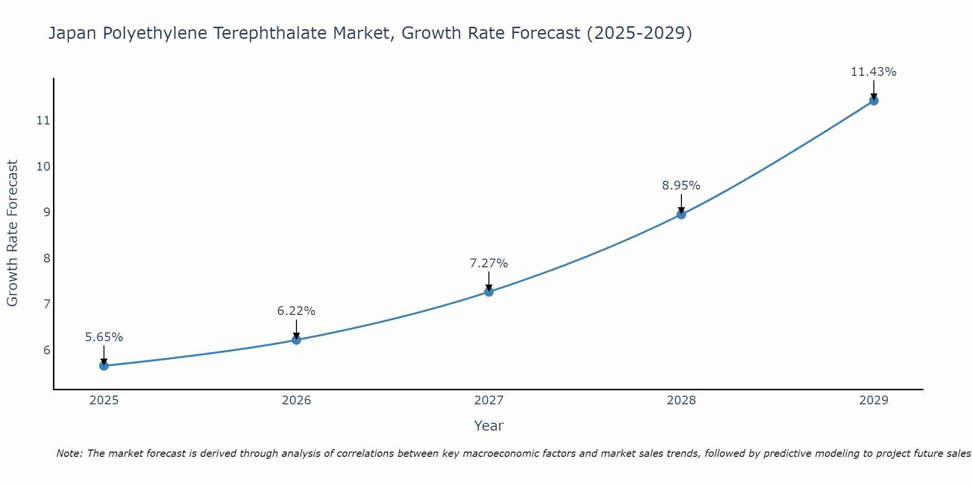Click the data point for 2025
point(104,365)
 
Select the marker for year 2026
point(296,340)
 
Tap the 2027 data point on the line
point(489,292)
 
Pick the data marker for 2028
point(681,214)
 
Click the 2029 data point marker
point(874,101)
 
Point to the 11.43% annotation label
point(873,72)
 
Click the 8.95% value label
point(681,186)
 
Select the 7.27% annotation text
point(488,263)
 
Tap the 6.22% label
point(296,311)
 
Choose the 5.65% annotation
point(104,337)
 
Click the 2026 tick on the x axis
point(296,400)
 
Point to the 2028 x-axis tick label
point(681,400)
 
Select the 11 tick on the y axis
point(43,121)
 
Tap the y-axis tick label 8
point(47,258)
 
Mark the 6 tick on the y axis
point(47,350)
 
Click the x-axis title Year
point(488,426)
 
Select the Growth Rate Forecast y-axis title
point(12,233)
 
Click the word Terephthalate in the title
point(272,34)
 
